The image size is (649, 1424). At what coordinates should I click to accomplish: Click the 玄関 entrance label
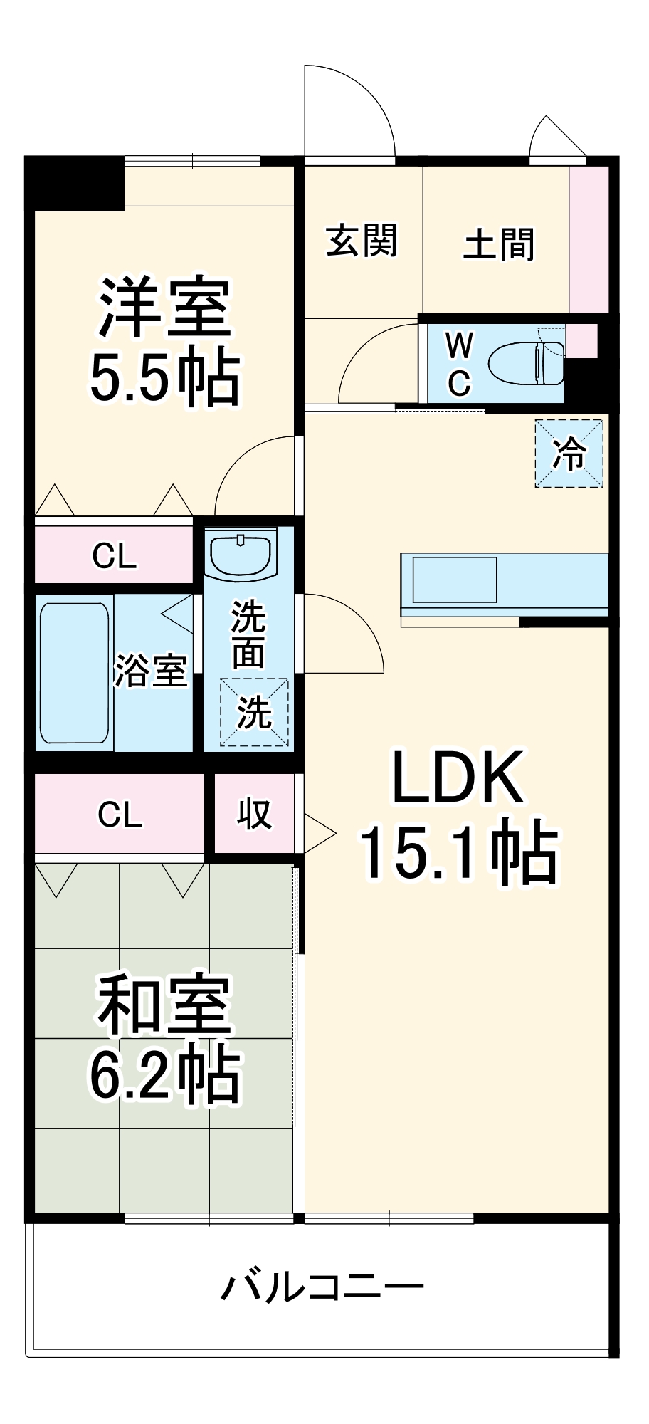coord(362,241)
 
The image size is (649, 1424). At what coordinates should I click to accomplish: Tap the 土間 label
coord(499,244)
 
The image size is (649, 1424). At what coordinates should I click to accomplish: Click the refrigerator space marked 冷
coord(569,454)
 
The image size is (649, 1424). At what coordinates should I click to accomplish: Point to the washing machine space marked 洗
coord(254,712)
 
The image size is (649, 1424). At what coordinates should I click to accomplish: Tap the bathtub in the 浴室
coord(74,673)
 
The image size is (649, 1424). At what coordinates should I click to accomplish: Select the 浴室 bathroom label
coord(151,671)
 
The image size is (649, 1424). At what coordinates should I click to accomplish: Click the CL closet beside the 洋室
coord(114,555)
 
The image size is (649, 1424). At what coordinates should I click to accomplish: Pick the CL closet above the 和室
coord(120,813)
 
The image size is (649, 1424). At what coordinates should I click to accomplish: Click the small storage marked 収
coord(254,813)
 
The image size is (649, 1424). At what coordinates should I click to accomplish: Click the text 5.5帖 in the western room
coord(164,378)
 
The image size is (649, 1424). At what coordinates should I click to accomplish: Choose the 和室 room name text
coord(165,1005)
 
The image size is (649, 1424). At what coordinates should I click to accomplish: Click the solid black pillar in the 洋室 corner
coord(75,184)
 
